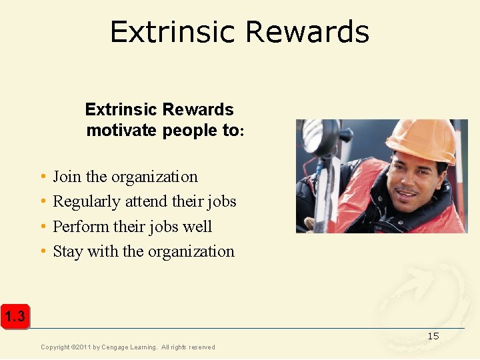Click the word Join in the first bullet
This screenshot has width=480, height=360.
(67, 177)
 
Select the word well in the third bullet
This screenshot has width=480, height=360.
(197, 227)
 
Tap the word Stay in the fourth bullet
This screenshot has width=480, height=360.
(66, 251)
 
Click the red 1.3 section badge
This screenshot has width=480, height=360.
(14, 317)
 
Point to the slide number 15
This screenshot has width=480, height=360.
(433, 336)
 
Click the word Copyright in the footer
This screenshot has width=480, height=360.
(56, 347)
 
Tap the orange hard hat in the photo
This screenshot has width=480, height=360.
(421, 138)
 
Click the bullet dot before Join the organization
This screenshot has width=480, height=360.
(43, 177)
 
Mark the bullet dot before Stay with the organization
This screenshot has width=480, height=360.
(43, 252)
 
